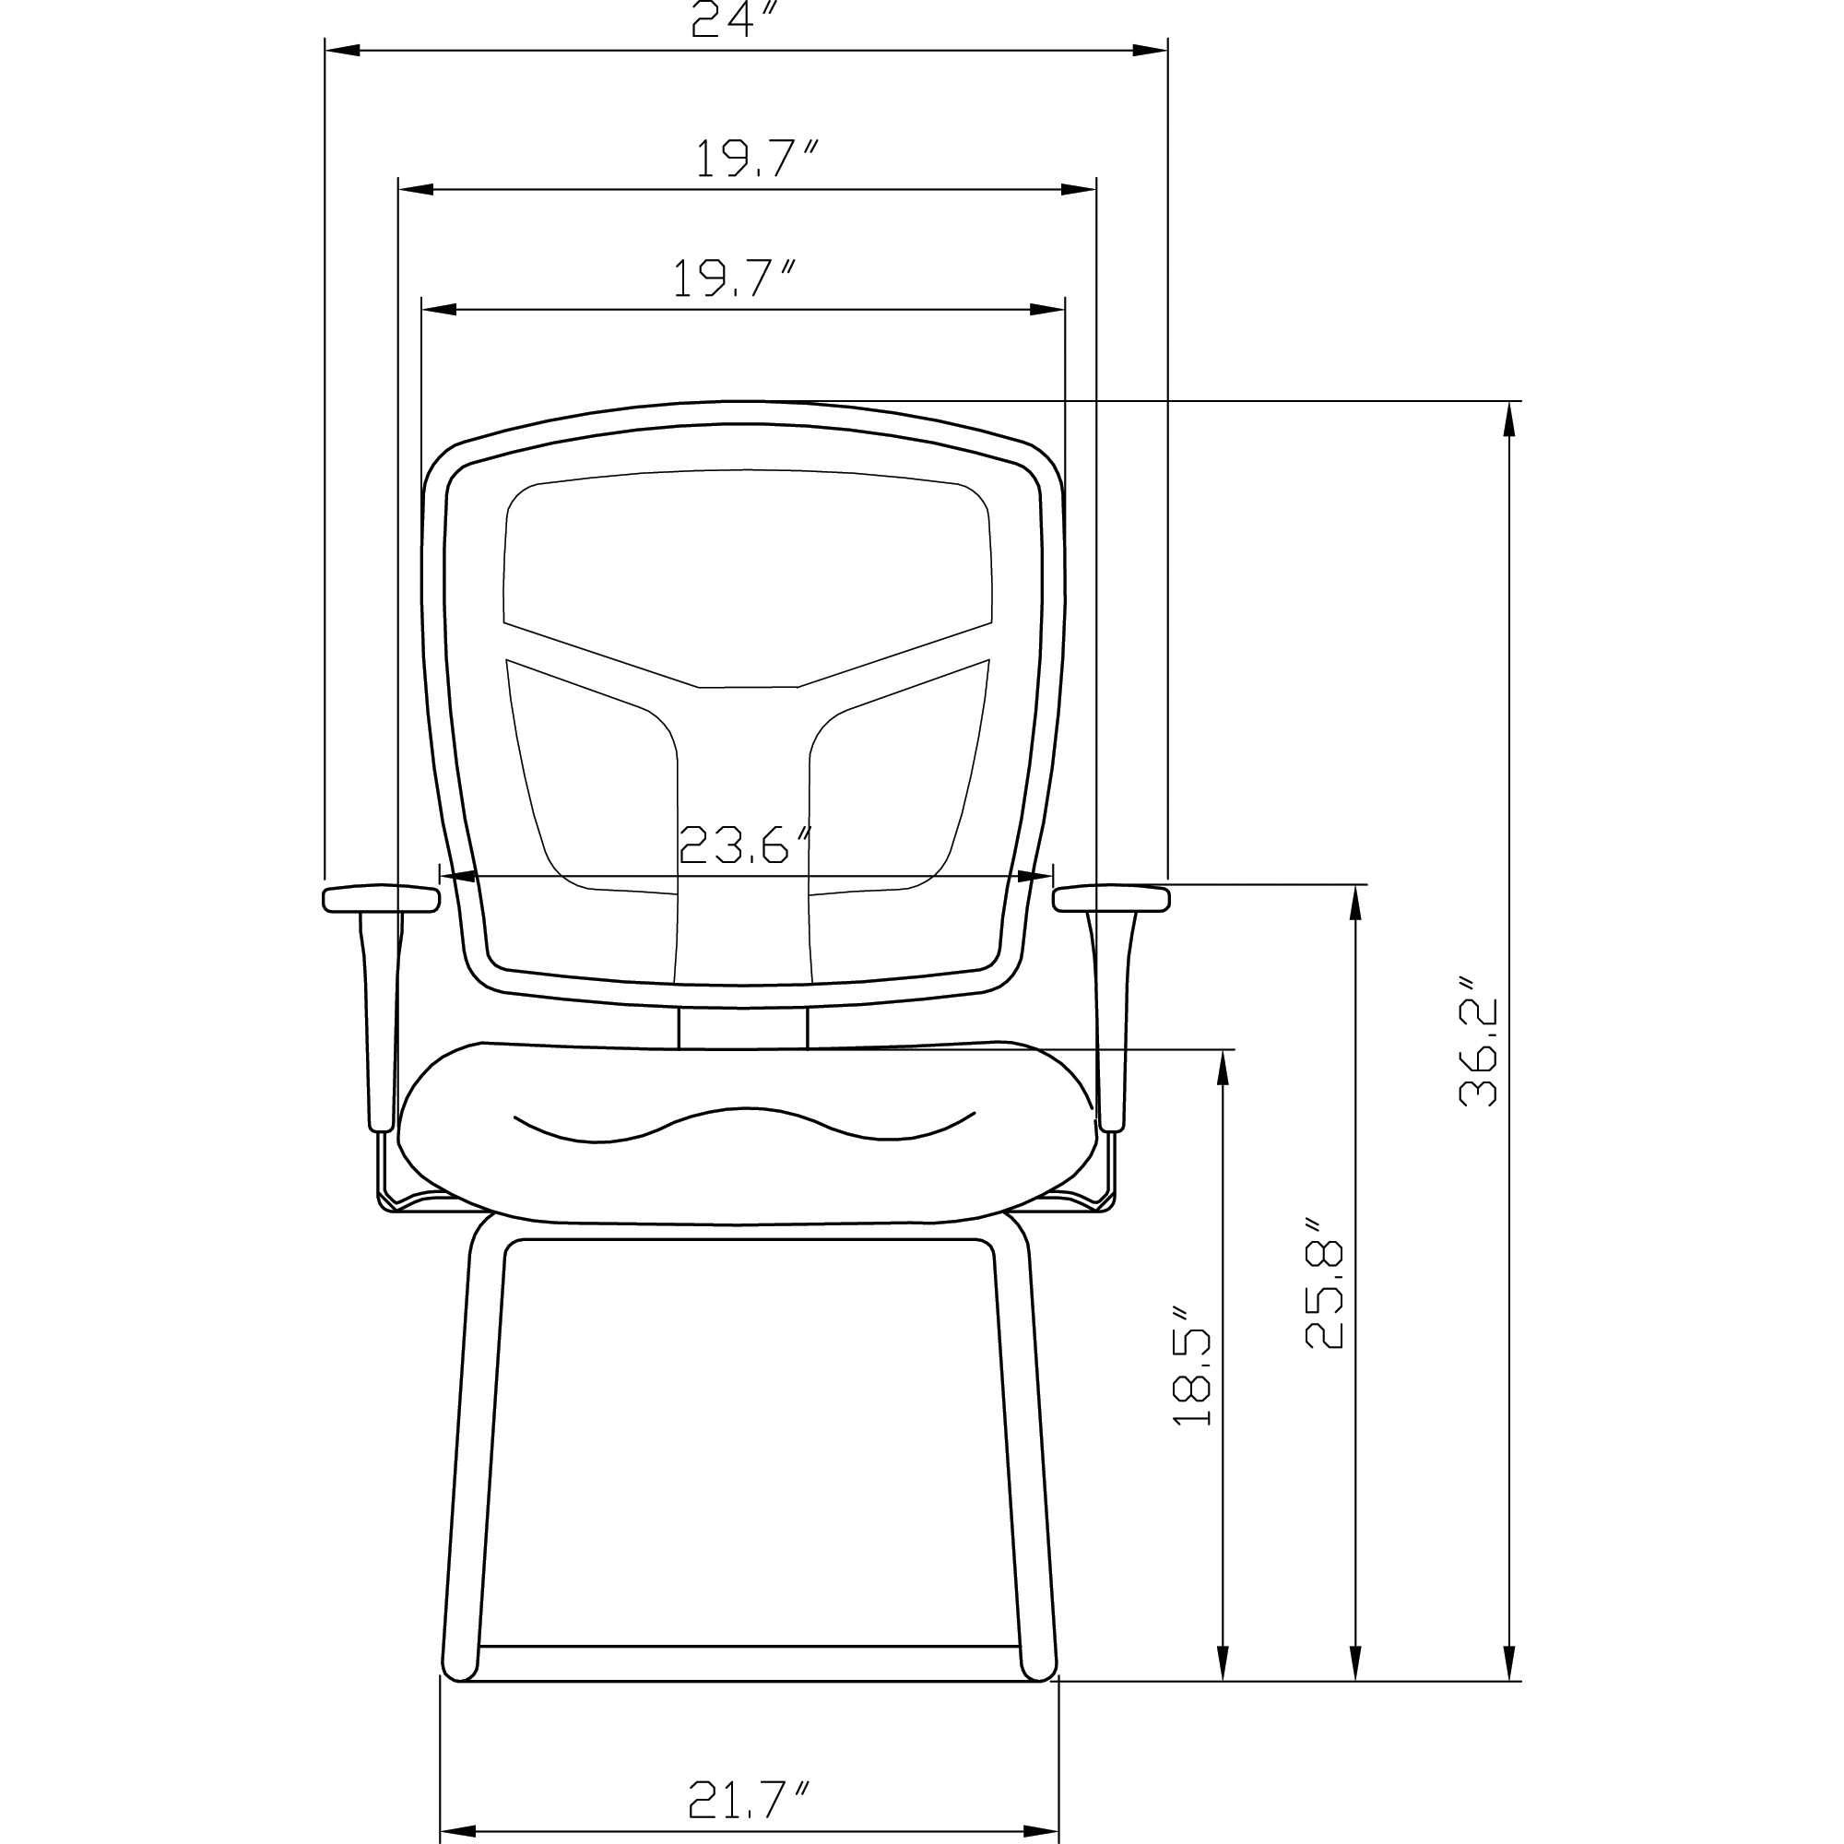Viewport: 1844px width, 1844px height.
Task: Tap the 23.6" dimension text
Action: (745, 844)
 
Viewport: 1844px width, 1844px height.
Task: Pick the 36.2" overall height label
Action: (1479, 1053)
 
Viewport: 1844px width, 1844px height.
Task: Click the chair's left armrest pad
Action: (382, 898)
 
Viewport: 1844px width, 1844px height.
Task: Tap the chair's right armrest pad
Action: (1112, 898)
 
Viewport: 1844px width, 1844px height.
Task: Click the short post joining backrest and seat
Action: (742, 1027)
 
